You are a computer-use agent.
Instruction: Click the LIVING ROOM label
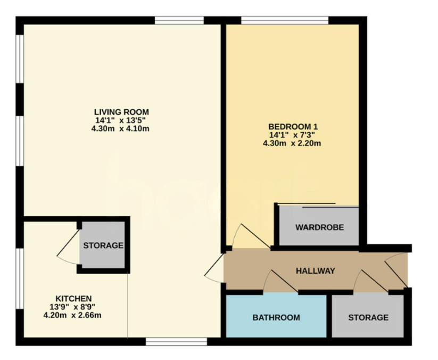point(121,112)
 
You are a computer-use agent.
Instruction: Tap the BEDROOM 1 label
point(293,126)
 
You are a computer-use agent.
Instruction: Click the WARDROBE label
point(319,227)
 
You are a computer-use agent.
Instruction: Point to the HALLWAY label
point(316,271)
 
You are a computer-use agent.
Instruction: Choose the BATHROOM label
point(276,318)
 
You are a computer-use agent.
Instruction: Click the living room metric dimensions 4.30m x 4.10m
point(121,128)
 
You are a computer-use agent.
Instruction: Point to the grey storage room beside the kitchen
point(103,246)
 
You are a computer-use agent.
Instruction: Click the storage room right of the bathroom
point(368,318)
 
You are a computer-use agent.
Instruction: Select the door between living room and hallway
point(214,268)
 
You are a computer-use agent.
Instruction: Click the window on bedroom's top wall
point(284,21)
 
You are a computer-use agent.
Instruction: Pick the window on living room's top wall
point(179,21)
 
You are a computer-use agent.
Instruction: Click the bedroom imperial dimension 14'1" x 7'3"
point(293,135)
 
